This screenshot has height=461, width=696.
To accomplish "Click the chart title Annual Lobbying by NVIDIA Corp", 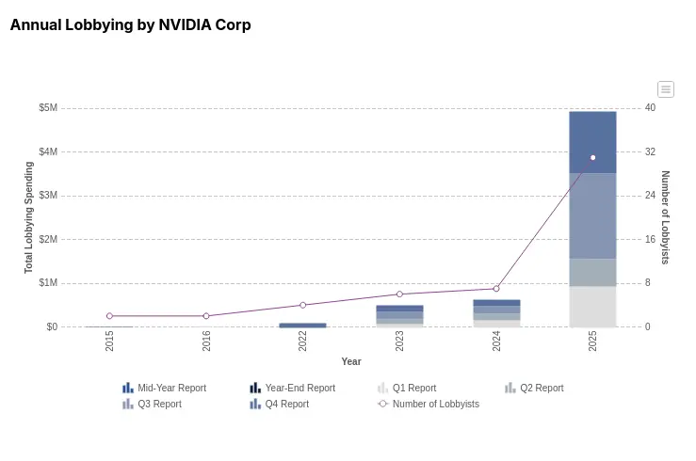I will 130,25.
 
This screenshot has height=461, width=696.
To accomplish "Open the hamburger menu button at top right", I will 666,89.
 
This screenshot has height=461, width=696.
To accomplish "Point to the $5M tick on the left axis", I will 48,108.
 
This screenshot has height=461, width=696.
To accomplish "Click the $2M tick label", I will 48,240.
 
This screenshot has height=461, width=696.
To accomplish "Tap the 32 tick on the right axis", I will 650,152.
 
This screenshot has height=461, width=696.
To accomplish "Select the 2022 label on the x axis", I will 302,341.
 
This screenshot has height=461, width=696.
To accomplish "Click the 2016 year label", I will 206,341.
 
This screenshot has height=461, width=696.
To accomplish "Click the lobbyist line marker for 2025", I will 592,157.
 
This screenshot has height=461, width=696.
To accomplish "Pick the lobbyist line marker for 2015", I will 109,316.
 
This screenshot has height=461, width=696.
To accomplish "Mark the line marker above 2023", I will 399,294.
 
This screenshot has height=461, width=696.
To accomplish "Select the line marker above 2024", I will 496,289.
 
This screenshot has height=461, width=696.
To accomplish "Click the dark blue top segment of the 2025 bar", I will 592,142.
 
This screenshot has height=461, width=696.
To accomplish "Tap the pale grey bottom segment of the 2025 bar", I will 592,307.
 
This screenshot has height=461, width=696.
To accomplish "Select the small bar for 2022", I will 302,326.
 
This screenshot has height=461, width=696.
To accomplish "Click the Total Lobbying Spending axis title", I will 29,217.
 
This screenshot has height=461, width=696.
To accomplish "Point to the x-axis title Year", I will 351,361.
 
